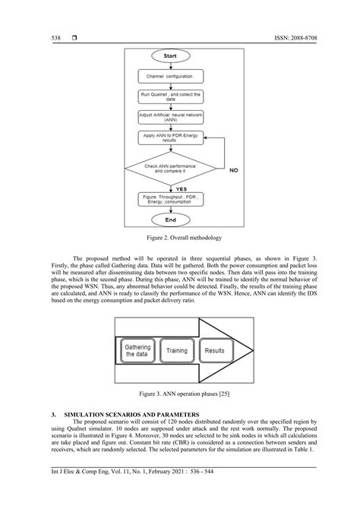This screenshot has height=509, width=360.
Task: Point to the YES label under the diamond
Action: (x=182, y=188)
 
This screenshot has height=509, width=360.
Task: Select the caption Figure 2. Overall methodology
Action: (x=180, y=239)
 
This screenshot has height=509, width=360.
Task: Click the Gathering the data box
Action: (x=138, y=351)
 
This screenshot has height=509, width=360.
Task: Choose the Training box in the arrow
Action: (x=177, y=351)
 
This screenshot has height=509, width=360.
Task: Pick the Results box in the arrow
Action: (x=215, y=351)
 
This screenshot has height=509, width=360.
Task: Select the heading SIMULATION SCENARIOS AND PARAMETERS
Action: (x=134, y=416)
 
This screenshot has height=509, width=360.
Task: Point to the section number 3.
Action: (x=52, y=416)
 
